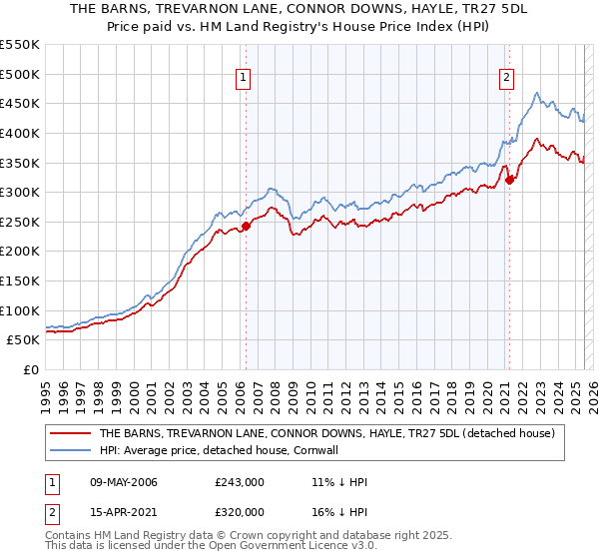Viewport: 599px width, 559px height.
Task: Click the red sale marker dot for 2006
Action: tap(246, 226)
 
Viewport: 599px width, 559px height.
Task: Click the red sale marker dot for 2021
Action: tap(510, 180)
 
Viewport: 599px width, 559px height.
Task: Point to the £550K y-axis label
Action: tap(21, 45)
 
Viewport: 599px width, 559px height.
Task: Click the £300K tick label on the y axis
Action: tap(21, 192)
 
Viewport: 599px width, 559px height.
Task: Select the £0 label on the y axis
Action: tap(31, 369)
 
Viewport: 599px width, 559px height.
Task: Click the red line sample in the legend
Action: tap(69, 434)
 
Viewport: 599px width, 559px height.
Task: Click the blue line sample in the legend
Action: tap(69, 451)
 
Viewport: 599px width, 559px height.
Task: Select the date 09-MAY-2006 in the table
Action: tap(124, 482)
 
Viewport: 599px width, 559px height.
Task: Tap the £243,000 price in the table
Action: tap(239, 482)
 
